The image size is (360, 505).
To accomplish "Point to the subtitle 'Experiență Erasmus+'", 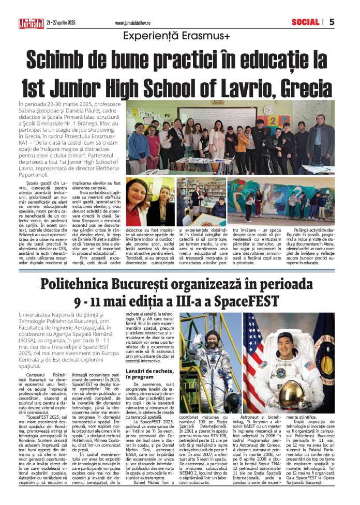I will [179, 36].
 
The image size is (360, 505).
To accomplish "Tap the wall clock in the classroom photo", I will [268, 110].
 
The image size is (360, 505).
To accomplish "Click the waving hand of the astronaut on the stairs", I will [197, 339].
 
